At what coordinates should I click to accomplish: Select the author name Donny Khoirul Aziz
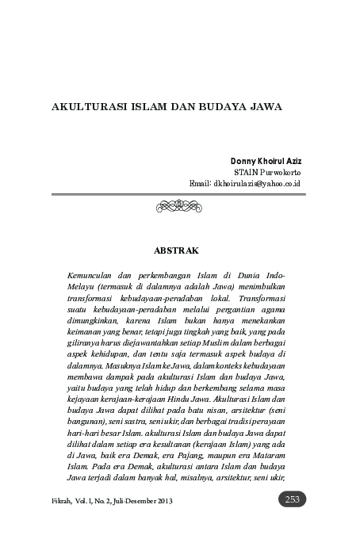point(265,161)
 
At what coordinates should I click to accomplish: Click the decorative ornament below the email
point(180,206)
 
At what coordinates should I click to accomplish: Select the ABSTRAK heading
point(180,250)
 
